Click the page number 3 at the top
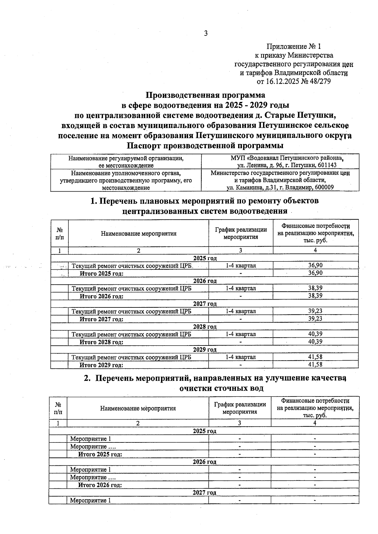[x=206, y=34]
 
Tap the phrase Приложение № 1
[x=294, y=47]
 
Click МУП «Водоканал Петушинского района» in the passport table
[x=287, y=158]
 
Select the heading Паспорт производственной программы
[x=205, y=146]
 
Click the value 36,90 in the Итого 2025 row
[x=315, y=273]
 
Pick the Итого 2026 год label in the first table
[x=101, y=296]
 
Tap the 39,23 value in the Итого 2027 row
[x=315, y=319]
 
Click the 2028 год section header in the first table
[x=205, y=327]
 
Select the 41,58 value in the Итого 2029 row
[x=315, y=365]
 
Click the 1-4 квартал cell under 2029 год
[x=241, y=357]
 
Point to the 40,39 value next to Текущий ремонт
[x=315, y=334]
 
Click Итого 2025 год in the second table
[x=100, y=454]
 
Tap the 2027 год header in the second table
[x=204, y=493]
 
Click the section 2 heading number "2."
[x=87, y=378]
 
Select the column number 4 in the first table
[x=315, y=250]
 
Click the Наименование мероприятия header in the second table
[x=138, y=408]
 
